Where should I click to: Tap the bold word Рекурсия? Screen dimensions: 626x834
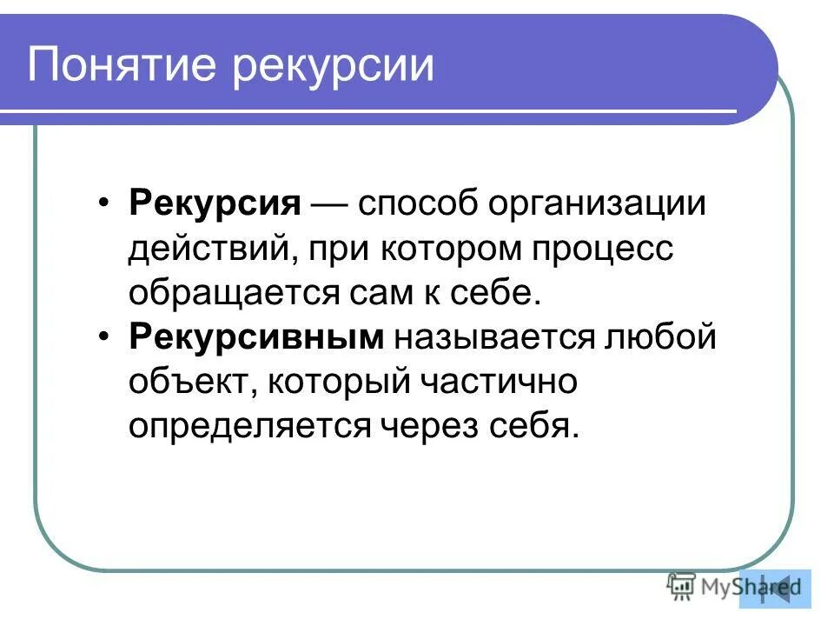[215, 206]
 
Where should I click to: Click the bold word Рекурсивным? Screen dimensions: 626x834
[256, 337]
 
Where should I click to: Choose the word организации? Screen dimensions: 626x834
[599, 206]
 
